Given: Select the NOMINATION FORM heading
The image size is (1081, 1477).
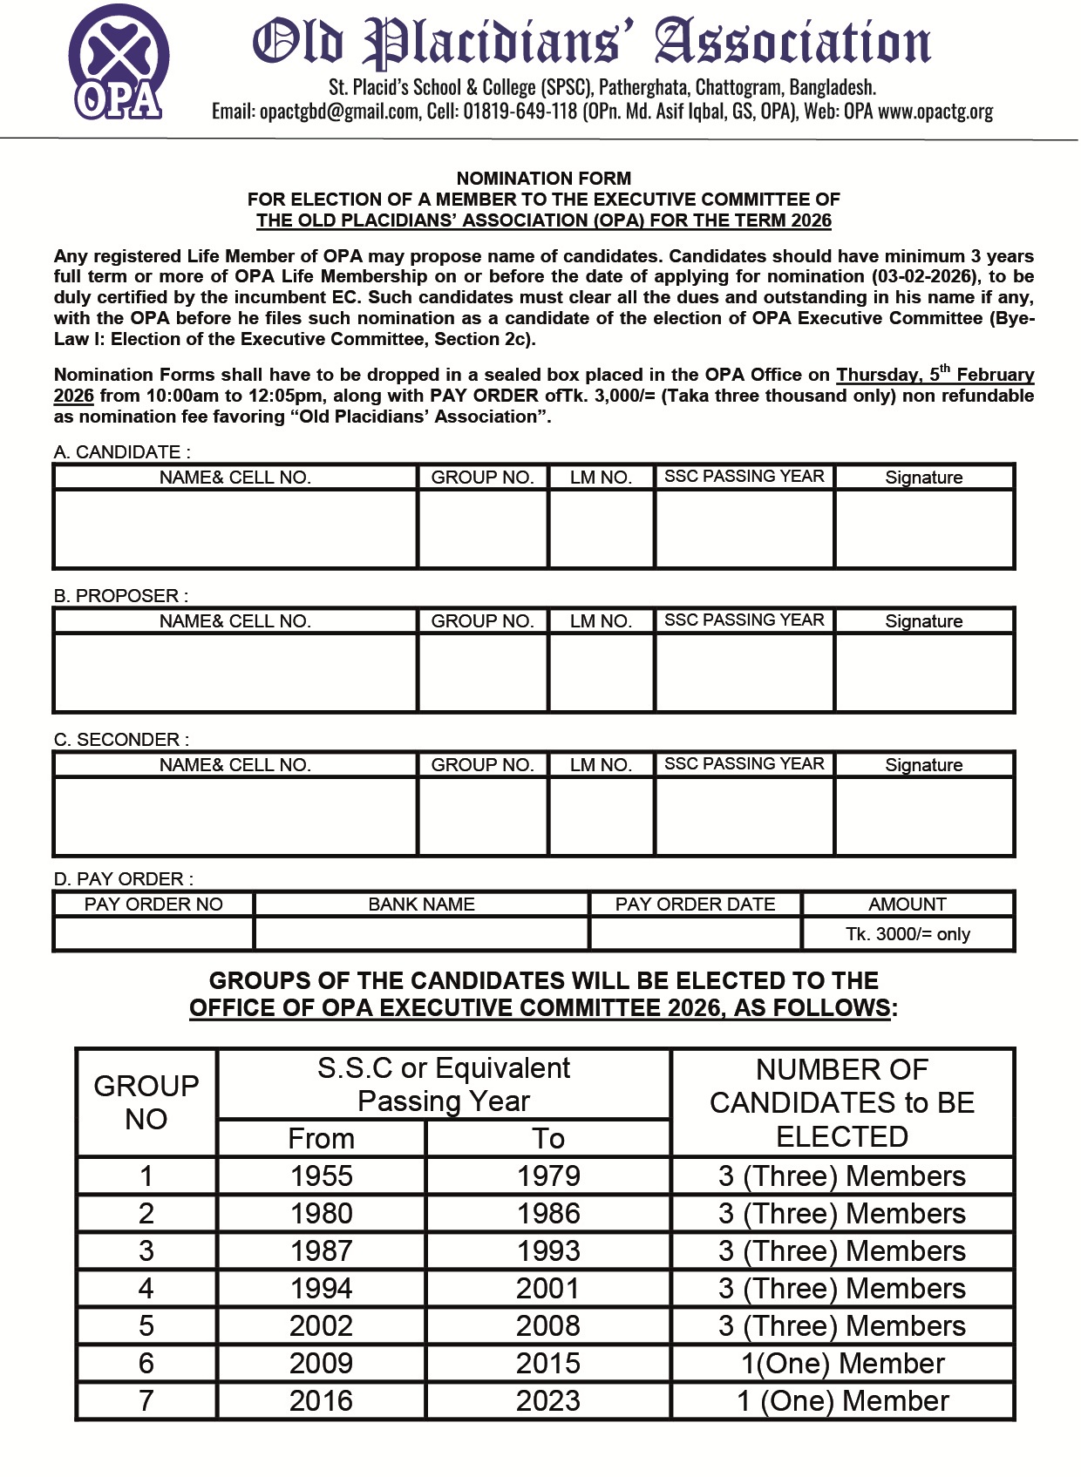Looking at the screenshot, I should click(543, 178).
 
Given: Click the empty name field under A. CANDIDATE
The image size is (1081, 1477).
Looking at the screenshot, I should click(235, 529).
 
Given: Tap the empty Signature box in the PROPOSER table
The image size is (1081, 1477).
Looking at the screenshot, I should click(924, 673).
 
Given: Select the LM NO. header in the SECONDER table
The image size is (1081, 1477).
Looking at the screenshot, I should click(601, 765).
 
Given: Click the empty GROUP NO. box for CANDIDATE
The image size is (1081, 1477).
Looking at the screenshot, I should click(483, 529).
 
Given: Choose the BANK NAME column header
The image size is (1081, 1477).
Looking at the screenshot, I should click(421, 904).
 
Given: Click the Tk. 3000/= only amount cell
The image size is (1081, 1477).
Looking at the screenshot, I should click(908, 934).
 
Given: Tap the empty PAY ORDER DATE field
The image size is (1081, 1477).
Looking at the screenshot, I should click(695, 934).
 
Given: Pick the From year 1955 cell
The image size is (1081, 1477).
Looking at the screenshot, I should click(321, 1176).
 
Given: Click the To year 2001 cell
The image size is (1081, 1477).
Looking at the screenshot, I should click(547, 1288).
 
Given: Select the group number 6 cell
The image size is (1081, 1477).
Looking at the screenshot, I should click(146, 1363).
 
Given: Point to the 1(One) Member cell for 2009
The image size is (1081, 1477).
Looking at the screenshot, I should click(842, 1363).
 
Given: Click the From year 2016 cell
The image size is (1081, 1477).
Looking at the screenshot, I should click(321, 1400).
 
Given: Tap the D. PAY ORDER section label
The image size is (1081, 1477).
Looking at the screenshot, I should click(123, 878).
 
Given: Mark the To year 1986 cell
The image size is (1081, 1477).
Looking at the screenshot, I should click(547, 1213).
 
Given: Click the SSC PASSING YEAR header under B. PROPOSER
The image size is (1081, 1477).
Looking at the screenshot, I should click(744, 620).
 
